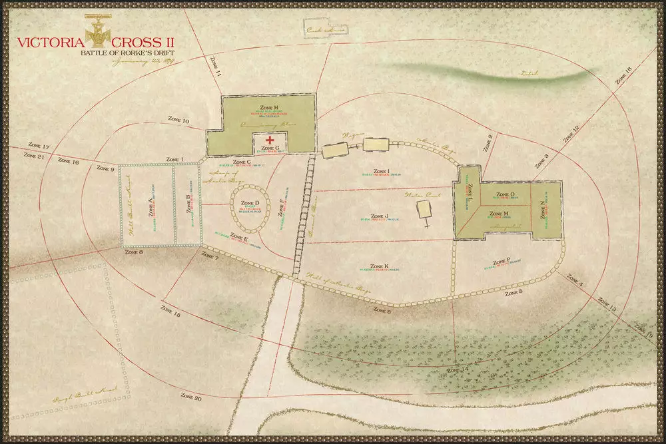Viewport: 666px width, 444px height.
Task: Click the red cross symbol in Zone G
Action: click(x=270, y=140)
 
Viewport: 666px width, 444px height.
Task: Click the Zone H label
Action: click(x=269, y=107)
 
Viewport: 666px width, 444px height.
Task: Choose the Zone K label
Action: click(x=377, y=266)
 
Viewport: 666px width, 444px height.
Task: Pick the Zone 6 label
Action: click(x=382, y=310)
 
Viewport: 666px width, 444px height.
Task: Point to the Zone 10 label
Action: click(x=177, y=121)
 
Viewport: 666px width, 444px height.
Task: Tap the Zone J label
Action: click(x=378, y=216)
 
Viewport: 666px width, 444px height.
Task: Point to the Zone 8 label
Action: click(x=134, y=253)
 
